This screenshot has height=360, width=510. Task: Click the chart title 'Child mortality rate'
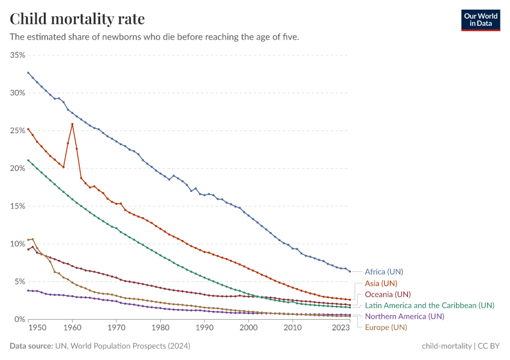(77, 19)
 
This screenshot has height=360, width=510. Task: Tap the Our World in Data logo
(481, 19)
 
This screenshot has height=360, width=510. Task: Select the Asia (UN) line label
(381, 283)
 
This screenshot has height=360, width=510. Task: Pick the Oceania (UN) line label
(388, 294)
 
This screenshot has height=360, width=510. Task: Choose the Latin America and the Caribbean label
(430, 305)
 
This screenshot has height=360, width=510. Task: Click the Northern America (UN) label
(404, 316)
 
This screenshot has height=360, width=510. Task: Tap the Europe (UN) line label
(386, 327)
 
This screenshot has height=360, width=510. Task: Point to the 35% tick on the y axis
(17, 55)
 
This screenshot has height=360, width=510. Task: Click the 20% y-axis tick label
(17, 169)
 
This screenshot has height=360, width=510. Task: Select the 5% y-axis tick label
(19, 281)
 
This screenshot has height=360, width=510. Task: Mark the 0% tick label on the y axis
(19, 319)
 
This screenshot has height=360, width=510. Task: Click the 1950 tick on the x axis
(37, 328)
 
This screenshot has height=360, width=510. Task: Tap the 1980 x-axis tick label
(160, 328)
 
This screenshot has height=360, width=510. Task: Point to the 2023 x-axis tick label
(341, 328)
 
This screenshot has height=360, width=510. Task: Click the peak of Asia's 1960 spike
(73, 124)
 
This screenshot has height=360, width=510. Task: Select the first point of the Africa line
(28, 73)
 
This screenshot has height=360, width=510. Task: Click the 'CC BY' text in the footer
(489, 346)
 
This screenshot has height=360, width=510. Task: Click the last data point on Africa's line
(350, 271)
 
